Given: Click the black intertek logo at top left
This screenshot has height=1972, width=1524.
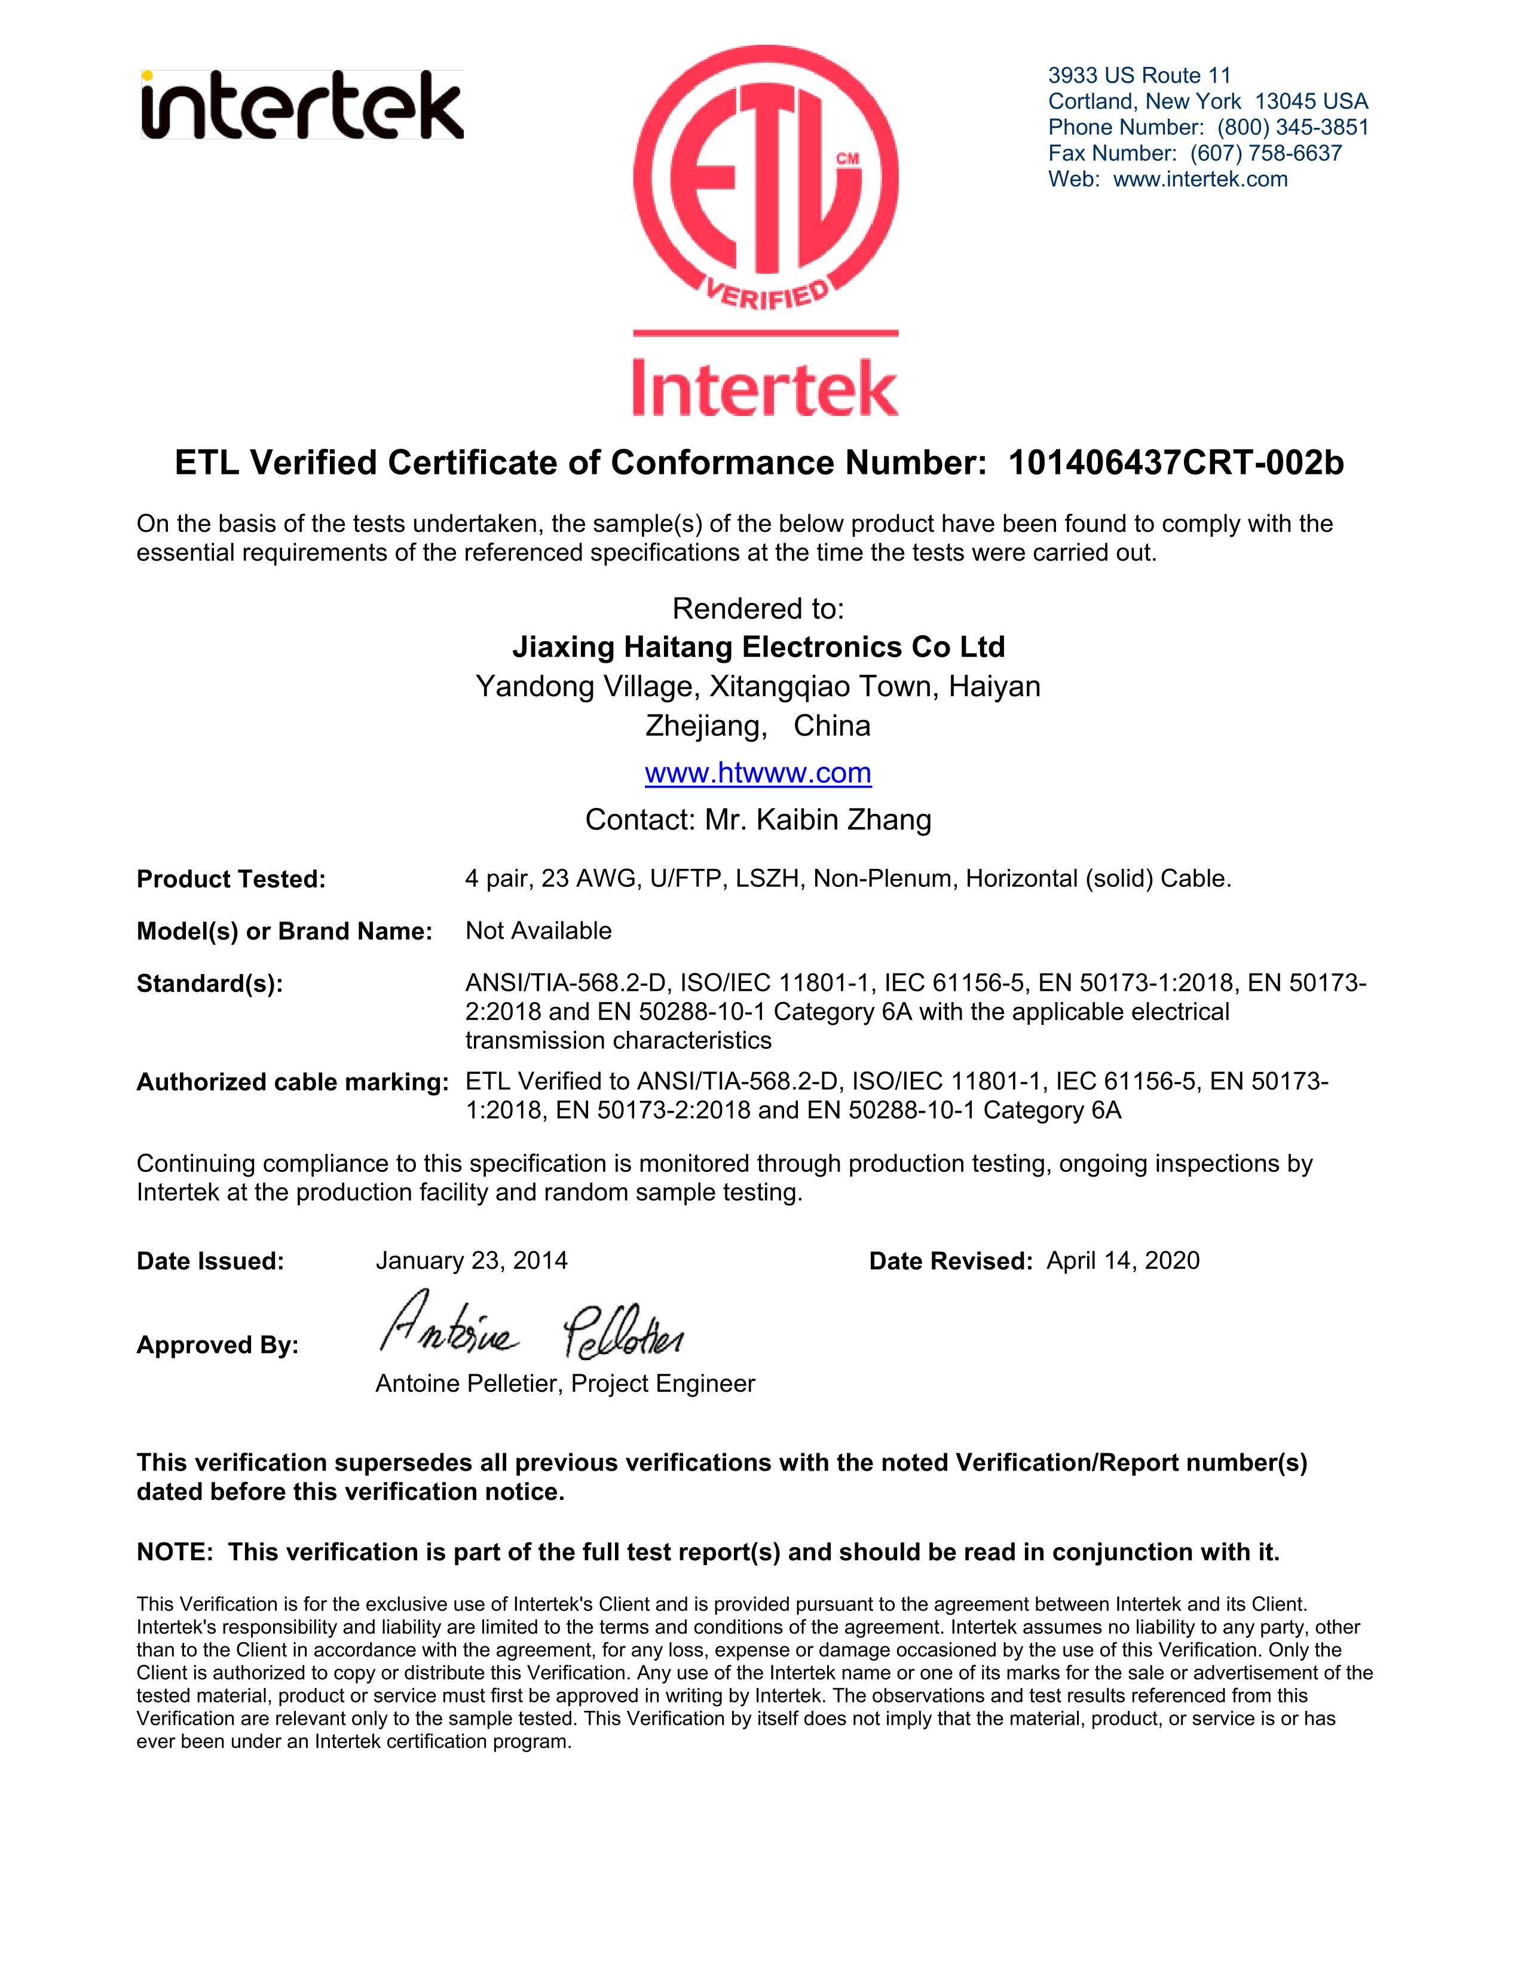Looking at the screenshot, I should click(x=302, y=106).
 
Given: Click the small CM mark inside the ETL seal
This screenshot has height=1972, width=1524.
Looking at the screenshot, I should click(x=847, y=159).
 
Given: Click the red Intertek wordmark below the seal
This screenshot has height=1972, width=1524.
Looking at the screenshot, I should click(x=765, y=388).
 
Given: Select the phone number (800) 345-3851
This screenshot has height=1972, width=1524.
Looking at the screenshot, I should click(x=1292, y=127).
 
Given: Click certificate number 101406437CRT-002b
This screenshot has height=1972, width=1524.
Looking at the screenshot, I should click(x=1176, y=463).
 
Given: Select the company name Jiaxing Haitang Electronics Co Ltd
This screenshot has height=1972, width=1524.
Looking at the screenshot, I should click(x=758, y=647).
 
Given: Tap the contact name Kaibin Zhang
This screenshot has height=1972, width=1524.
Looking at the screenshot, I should click(x=843, y=820).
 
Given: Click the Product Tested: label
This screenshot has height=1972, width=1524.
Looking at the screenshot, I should click(x=231, y=880).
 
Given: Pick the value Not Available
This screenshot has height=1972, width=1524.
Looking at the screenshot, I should click(x=538, y=931).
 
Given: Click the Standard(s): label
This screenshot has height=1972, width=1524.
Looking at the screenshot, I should click(x=209, y=983).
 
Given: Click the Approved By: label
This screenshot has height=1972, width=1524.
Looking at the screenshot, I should click(x=218, y=1345).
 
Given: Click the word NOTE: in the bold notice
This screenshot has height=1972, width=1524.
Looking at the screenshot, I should click(x=175, y=1552).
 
